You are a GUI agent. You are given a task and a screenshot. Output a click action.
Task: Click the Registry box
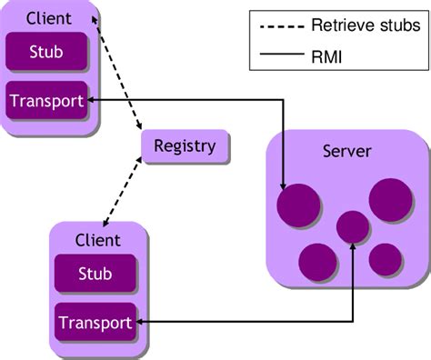coord(185,146)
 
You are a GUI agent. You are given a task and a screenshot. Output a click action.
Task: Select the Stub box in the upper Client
coord(45,52)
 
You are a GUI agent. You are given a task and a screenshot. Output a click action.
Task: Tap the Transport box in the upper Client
coord(45,100)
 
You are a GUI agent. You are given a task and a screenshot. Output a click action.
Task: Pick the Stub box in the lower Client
coord(95,273)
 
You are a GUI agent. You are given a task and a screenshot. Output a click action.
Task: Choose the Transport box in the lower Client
coord(95,321)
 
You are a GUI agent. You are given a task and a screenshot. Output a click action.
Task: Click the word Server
coord(346,151)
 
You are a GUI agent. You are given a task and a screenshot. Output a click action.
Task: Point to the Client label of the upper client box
coord(49,17)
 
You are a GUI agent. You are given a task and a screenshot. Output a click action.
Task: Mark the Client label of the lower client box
coord(96,240)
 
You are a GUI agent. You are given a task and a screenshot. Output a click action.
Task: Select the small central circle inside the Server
coord(353,226)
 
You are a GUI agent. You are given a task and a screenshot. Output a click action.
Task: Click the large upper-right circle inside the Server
coord(391,200)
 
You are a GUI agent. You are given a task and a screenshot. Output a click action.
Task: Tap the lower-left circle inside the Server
coord(316,261)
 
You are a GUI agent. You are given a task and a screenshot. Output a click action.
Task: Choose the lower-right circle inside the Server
coord(385,259)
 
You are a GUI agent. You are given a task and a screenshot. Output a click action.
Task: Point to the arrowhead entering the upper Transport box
coord(93,100)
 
